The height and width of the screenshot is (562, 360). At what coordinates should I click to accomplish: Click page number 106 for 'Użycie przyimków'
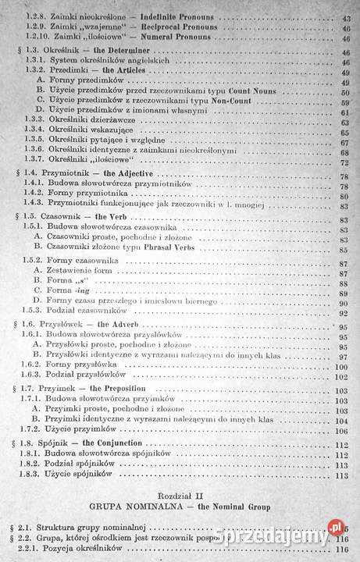click(340, 429)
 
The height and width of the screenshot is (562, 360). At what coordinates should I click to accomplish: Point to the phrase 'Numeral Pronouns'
click(185, 36)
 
